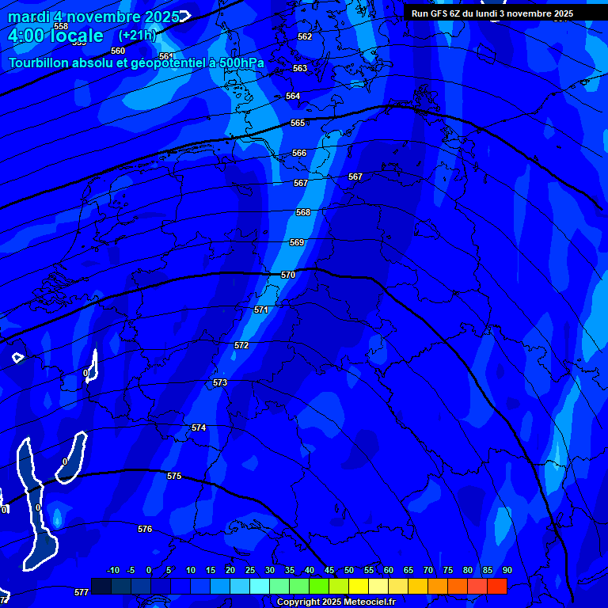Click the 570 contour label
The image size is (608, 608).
point(288,275)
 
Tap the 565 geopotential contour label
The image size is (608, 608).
point(298,123)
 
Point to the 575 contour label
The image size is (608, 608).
point(174,476)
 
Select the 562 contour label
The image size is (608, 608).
point(305,36)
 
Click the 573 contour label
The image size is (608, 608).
point(220,382)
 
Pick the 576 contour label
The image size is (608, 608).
point(145,529)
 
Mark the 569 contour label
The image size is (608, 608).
point(297,242)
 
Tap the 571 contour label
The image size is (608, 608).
point(261,310)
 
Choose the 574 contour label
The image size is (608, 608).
point(199,427)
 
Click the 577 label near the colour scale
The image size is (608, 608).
point(82,592)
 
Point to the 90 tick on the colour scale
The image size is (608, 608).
point(507,570)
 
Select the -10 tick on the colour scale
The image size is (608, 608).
point(112,570)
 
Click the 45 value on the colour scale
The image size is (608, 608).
point(329,570)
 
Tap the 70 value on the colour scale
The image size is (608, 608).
point(428,570)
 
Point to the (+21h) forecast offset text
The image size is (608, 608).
point(138,35)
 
